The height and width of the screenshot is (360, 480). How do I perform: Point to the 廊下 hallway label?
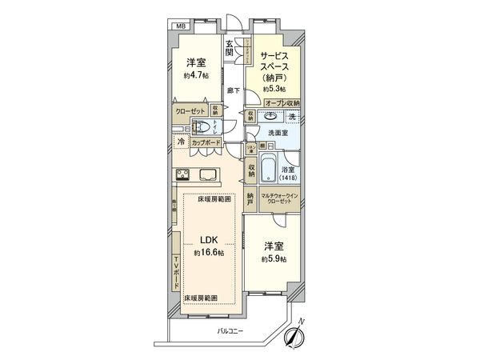[231, 90]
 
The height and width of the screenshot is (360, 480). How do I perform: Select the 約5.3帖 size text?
[274, 90]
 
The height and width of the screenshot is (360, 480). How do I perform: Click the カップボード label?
[206, 142]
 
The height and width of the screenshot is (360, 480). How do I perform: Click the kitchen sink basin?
[209, 176]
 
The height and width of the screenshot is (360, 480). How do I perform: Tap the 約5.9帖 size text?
[273, 260]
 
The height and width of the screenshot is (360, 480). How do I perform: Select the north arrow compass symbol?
[295, 332]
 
